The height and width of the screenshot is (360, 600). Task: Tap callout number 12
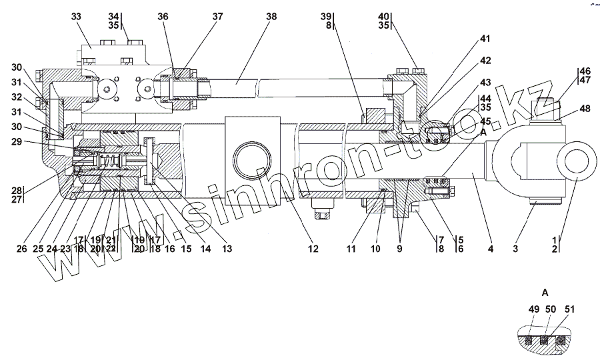pyautogui.click(x=313, y=249)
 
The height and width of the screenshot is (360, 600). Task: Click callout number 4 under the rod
pyautogui.click(x=491, y=249)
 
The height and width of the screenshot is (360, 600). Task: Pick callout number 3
pyautogui.click(x=515, y=249)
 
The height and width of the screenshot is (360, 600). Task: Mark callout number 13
pyautogui.click(x=227, y=249)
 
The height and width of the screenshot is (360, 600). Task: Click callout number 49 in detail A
pyautogui.click(x=533, y=309)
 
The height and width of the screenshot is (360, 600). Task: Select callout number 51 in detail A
pyautogui.click(x=569, y=309)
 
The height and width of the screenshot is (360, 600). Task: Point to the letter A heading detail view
pyautogui.click(x=545, y=293)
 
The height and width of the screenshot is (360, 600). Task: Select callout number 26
pyautogui.click(x=22, y=249)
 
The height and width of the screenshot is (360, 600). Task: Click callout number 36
pyautogui.click(x=163, y=15)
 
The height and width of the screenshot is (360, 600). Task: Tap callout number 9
pyautogui.click(x=400, y=249)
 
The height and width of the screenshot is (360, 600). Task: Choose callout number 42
pyautogui.click(x=485, y=61)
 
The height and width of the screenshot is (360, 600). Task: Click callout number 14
pyautogui.click(x=204, y=249)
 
